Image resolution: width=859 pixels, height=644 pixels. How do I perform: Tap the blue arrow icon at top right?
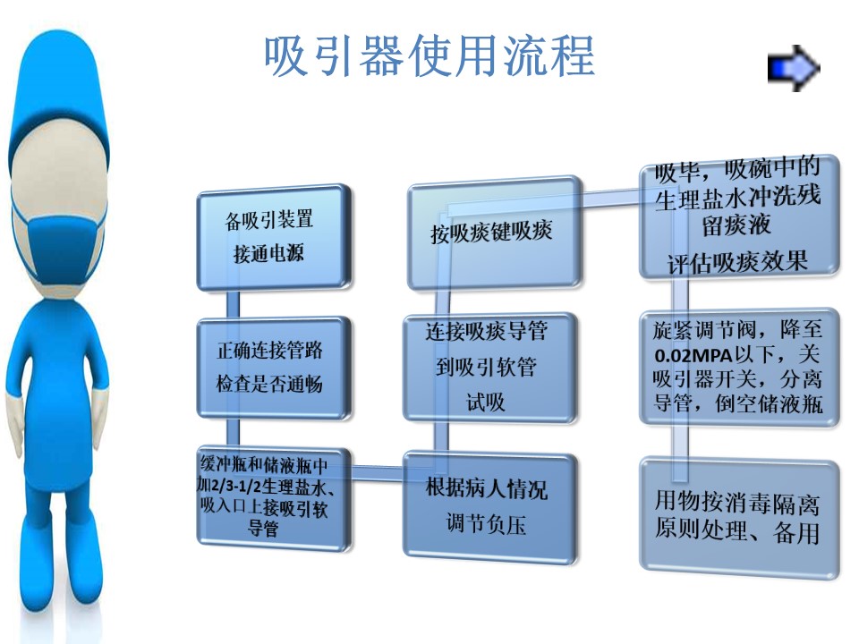pyautogui.click(x=794, y=68)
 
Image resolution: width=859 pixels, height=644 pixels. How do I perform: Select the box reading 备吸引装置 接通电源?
pyautogui.click(x=274, y=236)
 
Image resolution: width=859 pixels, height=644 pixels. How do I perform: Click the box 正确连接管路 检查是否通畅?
pyautogui.click(x=274, y=368)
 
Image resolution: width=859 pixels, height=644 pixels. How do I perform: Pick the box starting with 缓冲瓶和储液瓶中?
pyautogui.click(x=274, y=497)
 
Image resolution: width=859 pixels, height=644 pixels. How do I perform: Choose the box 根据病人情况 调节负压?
pyautogui.click(x=489, y=506)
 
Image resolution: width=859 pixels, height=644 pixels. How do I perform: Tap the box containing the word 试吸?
pyautogui.click(x=489, y=367)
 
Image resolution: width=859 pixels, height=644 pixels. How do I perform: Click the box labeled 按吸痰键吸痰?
pyautogui.click(x=494, y=233)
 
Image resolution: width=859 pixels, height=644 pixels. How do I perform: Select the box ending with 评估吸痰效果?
pyautogui.click(x=739, y=216)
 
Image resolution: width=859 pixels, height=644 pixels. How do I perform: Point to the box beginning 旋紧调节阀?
pyautogui.click(x=739, y=367)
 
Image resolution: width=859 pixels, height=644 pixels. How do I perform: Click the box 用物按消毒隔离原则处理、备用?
pyautogui.click(x=739, y=518)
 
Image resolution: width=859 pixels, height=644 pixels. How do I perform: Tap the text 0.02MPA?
pyautogui.click(x=693, y=355)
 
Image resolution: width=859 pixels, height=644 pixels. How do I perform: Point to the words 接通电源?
pyautogui.click(x=268, y=253)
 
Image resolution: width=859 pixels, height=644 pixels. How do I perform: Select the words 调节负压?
pyautogui.click(x=486, y=524)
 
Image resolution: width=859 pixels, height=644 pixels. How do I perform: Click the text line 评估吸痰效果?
pyautogui.click(x=737, y=262)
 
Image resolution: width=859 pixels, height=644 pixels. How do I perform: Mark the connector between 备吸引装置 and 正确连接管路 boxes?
pyautogui.click(x=233, y=303)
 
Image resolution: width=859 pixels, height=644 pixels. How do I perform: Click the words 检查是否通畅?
pyautogui.click(x=269, y=384)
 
